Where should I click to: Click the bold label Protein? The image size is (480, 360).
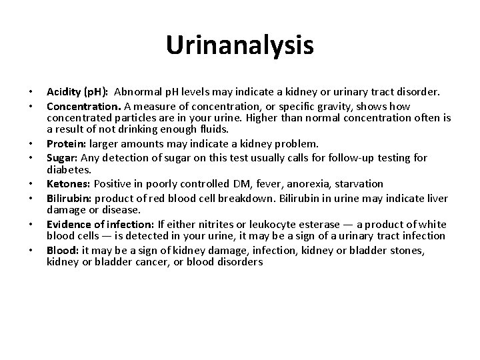click(x=64, y=144)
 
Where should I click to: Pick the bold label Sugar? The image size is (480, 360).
click(x=61, y=157)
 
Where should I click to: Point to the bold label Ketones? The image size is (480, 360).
click(x=68, y=183)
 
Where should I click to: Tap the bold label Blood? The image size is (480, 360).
click(x=61, y=249)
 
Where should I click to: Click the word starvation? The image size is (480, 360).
click(x=361, y=183)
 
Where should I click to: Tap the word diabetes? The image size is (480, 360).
click(x=69, y=170)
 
